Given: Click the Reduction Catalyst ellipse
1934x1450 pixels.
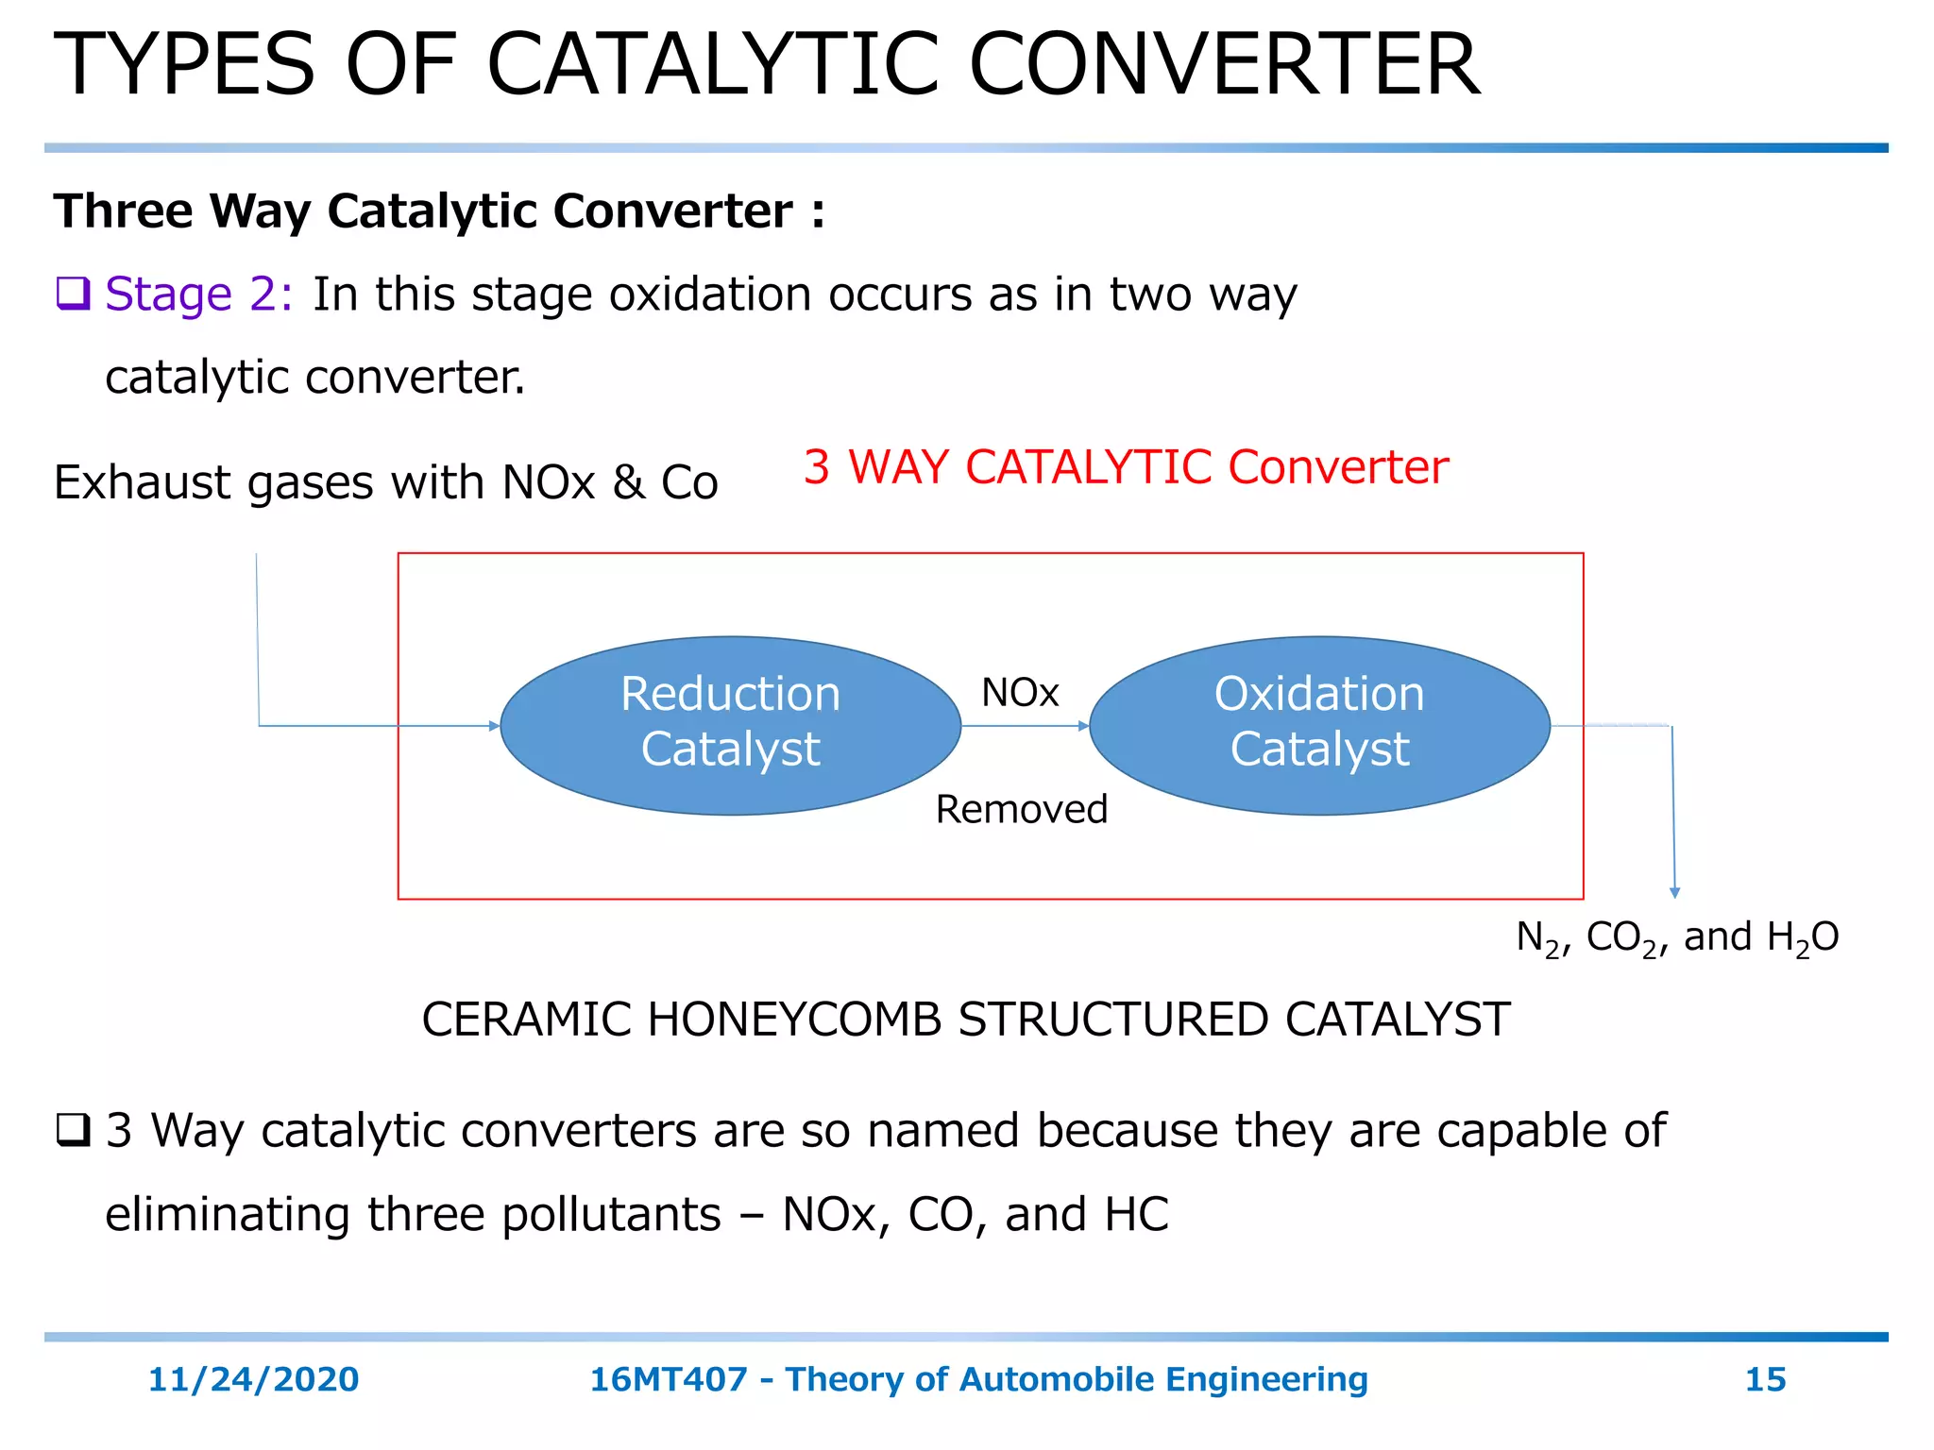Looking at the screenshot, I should coord(730,725).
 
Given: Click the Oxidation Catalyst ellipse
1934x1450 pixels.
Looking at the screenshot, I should coord(1319,725).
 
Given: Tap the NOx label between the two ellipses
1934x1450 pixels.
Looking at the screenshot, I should coord(1020,693).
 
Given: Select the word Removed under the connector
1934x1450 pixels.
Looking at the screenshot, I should coord(1021,809).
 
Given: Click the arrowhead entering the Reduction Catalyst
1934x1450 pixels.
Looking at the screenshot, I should coord(494,726).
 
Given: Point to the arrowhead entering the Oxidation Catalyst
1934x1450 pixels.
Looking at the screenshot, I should coord(1084,726).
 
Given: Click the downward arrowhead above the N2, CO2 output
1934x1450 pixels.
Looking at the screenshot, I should coord(1674,892).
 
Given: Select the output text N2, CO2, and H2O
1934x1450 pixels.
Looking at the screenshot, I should coord(1677,937).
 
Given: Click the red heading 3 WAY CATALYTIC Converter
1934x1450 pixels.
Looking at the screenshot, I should coord(1125,467).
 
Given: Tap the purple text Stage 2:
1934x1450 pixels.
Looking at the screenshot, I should coord(199,294).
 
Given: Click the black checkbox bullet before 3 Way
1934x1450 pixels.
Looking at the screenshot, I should coord(73,1129).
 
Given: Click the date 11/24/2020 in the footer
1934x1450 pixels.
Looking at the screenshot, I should coord(253,1379).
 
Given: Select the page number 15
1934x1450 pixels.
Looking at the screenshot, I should coord(1765,1379).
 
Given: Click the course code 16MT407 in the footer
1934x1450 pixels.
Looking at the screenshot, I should coord(668,1379).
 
